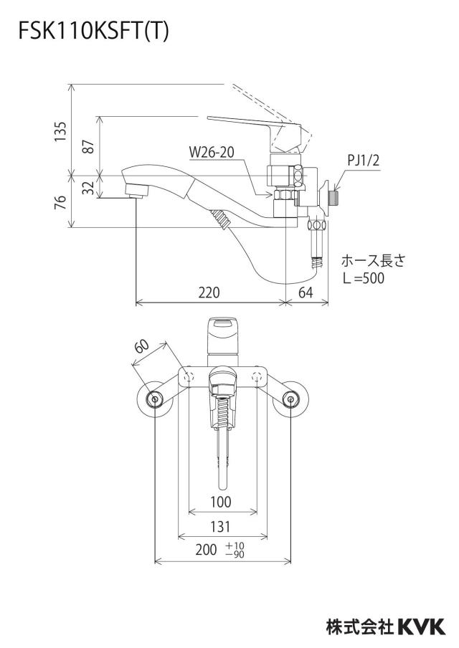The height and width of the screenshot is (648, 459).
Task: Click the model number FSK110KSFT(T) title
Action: point(93,32)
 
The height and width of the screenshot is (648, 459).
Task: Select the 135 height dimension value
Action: point(60,132)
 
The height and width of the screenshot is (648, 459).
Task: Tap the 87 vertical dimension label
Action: point(88,146)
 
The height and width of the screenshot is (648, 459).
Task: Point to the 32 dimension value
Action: point(88,188)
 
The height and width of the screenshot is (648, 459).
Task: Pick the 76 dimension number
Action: point(60,201)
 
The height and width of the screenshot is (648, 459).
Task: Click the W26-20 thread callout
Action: point(212,152)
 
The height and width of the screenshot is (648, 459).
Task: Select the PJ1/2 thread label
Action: point(363,161)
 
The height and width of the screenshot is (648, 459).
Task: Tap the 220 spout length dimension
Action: point(209,292)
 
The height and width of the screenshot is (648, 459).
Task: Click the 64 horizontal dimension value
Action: point(306,292)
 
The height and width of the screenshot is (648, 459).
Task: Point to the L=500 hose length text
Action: point(364,278)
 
